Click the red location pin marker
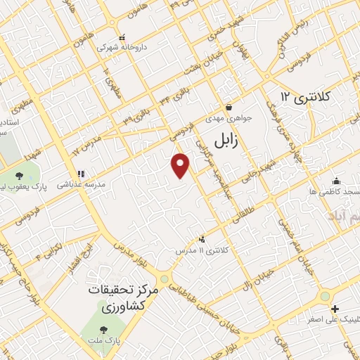[181, 165]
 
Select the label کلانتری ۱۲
[308, 96]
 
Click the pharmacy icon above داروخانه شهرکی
[122, 37]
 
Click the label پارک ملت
[109, 340]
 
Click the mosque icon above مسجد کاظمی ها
[336, 180]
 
